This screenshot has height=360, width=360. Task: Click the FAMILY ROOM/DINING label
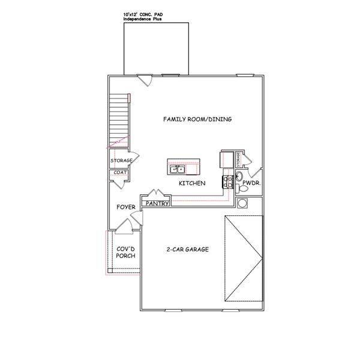197,119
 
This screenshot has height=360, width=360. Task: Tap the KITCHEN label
193,183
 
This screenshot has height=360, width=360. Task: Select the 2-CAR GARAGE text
187,249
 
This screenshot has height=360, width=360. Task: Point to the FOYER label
125,207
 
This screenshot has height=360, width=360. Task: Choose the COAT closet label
120,173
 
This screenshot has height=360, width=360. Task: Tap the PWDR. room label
251,187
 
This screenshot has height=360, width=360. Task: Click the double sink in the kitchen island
178,169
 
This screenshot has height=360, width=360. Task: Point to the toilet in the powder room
238,177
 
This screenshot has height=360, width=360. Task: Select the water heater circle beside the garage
244,203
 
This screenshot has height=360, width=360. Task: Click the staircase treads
119,120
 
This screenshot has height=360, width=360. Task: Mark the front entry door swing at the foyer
125,227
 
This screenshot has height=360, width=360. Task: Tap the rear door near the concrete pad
145,79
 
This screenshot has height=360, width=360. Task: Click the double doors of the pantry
157,194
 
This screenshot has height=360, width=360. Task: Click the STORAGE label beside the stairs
121,160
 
